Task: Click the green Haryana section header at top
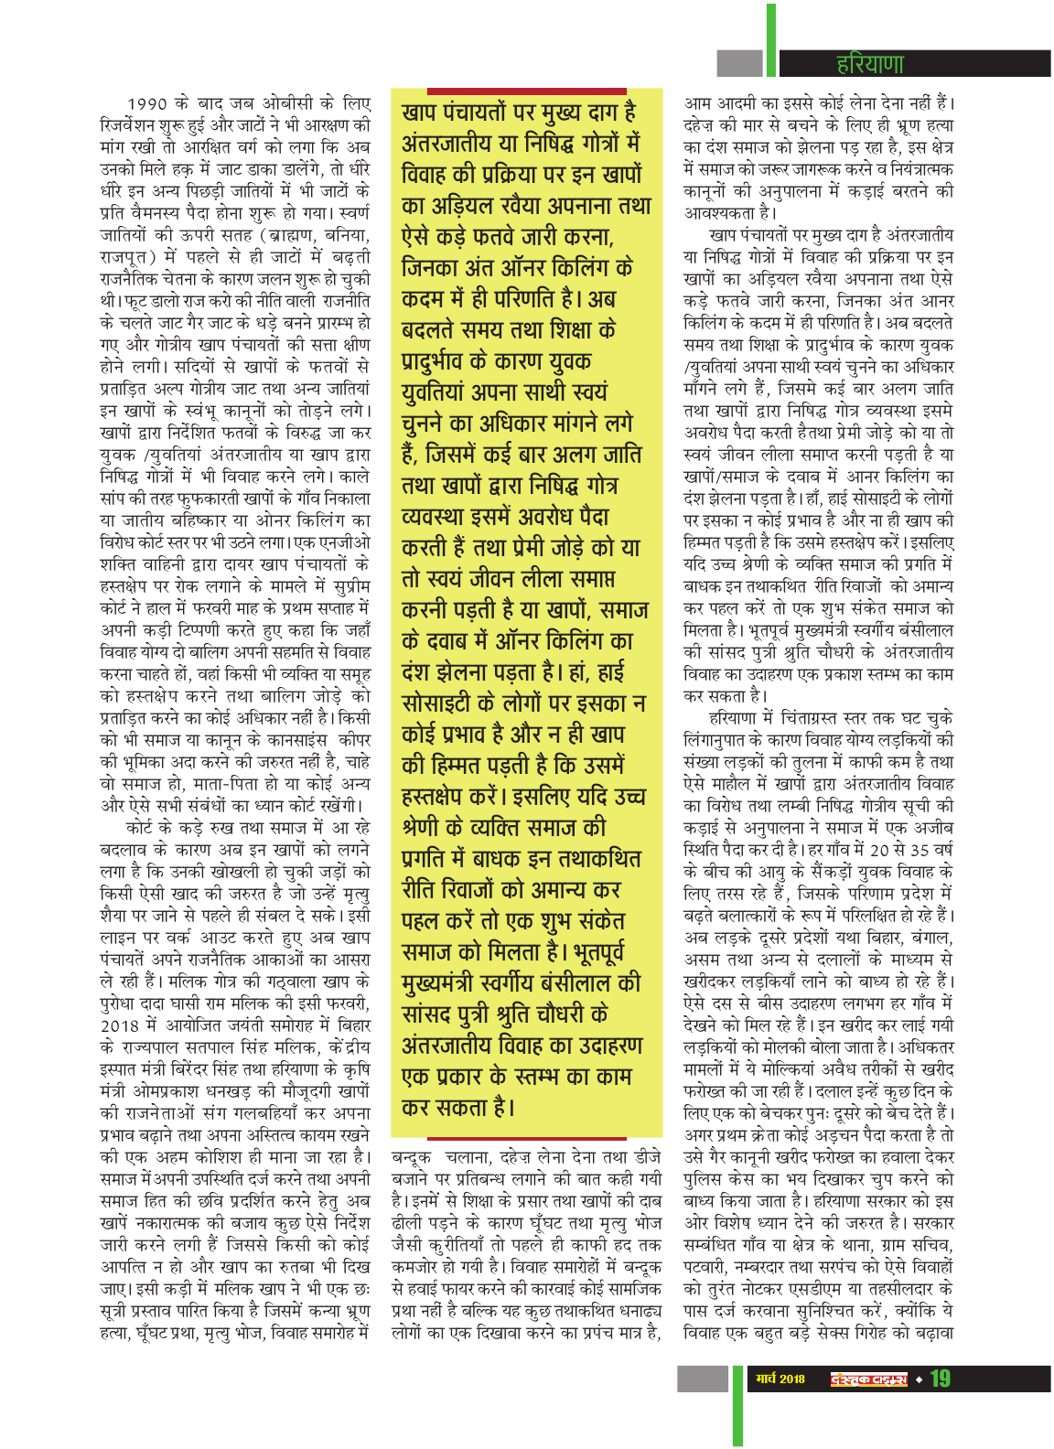click(869, 63)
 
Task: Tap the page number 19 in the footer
click(940, 1379)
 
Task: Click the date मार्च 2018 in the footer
click(780, 1379)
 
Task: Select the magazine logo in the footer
click(868, 1379)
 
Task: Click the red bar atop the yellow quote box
click(525, 90)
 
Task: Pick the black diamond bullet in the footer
click(919, 1379)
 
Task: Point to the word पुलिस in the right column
click(704, 1179)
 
